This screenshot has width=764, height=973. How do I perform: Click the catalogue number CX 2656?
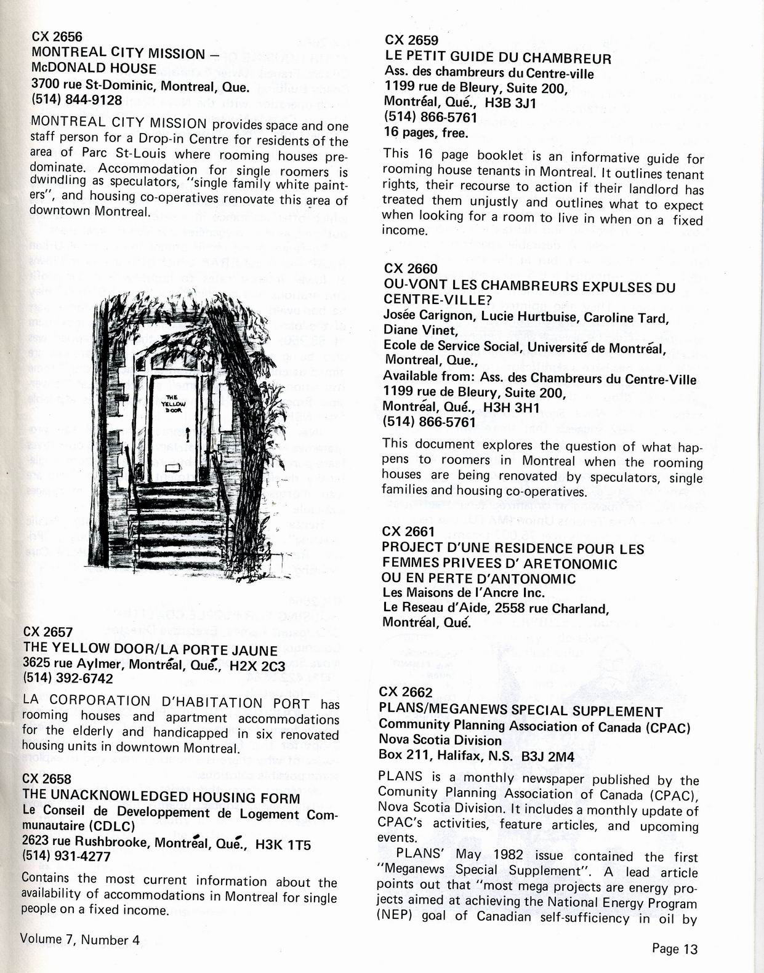(x=57, y=37)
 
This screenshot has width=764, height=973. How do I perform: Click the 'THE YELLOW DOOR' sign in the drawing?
(x=172, y=403)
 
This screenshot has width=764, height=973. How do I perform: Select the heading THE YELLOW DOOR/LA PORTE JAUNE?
(x=150, y=649)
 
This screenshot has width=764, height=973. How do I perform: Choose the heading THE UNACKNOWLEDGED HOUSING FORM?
(x=161, y=798)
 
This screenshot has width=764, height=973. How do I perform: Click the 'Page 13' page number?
(x=675, y=948)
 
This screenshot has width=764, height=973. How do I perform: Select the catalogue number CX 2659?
(x=411, y=41)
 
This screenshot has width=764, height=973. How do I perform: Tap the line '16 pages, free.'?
(x=425, y=132)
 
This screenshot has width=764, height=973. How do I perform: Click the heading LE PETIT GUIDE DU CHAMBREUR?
(x=497, y=58)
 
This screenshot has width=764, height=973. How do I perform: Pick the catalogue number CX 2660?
(x=411, y=269)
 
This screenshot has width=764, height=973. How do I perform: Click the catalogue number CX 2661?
(x=408, y=532)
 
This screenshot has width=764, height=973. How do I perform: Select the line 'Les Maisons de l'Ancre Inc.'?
(x=464, y=593)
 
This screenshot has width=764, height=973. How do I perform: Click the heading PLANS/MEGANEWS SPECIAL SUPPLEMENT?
(x=521, y=711)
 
